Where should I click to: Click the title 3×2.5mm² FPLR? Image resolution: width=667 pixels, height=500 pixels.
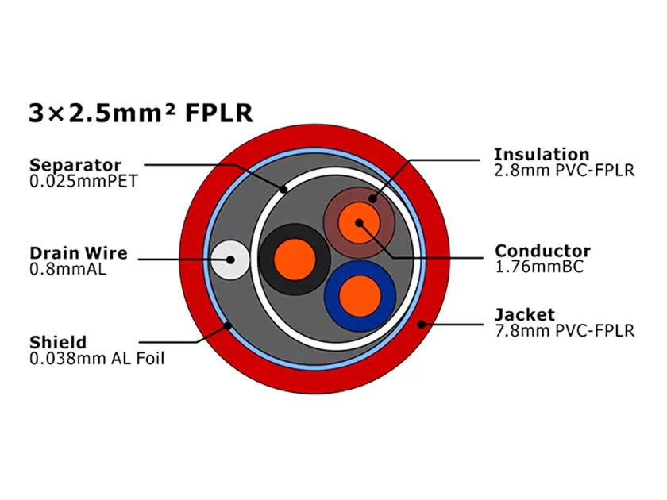tap(141, 113)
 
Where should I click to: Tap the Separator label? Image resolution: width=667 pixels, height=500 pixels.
tap(75, 165)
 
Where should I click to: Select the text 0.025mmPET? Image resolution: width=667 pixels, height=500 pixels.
tap(83, 181)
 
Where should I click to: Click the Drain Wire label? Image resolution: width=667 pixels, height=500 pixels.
tap(78, 253)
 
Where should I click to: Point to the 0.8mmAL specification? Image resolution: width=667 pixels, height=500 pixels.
tap(67, 269)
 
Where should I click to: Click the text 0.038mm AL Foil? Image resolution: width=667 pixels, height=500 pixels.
tap(97, 359)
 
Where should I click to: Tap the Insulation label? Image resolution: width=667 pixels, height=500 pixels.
tap(542, 154)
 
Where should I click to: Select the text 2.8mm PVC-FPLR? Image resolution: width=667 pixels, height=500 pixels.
tap(564, 170)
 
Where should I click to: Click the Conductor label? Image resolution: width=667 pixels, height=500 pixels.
tap(542, 252)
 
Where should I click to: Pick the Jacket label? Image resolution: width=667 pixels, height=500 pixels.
tap(524, 314)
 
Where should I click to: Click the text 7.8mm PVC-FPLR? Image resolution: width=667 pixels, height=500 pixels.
tap(564, 330)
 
